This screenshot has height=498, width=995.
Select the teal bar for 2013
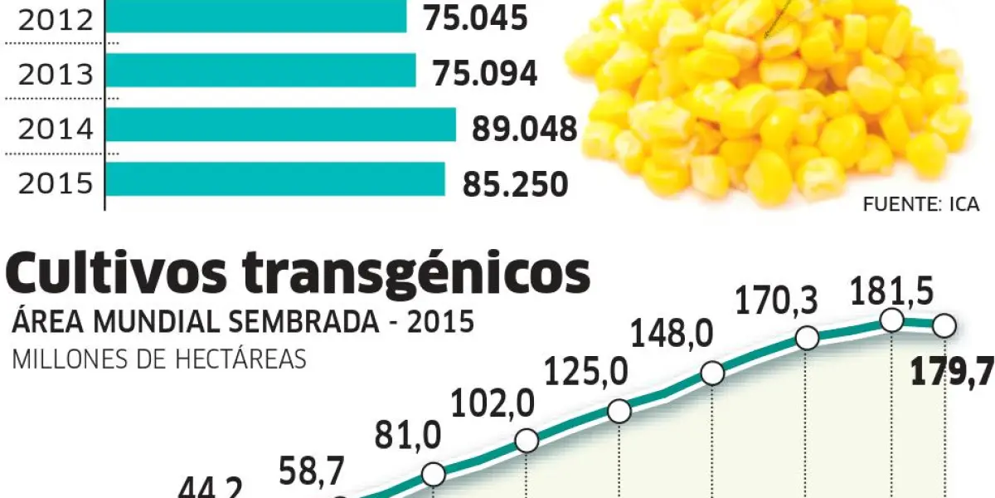click(x=261, y=71)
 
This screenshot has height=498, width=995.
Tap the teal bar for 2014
click(x=282, y=124)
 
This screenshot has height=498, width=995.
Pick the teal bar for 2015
click(x=276, y=178)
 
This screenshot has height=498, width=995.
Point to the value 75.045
click(x=476, y=18)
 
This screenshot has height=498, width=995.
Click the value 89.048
click(x=524, y=129)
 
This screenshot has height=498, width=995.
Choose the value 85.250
click(x=516, y=184)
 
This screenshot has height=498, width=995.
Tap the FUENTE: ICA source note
click(x=920, y=204)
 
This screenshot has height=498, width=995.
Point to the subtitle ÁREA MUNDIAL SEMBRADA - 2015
click(x=243, y=323)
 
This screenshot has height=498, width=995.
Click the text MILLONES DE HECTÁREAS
click(x=158, y=360)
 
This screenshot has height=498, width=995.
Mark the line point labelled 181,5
click(x=892, y=320)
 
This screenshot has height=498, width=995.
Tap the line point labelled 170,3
click(x=807, y=339)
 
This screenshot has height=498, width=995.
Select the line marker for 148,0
click(x=712, y=373)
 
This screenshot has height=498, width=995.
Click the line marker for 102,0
click(x=527, y=441)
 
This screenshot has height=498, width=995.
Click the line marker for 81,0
click(x=434, y=474)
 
